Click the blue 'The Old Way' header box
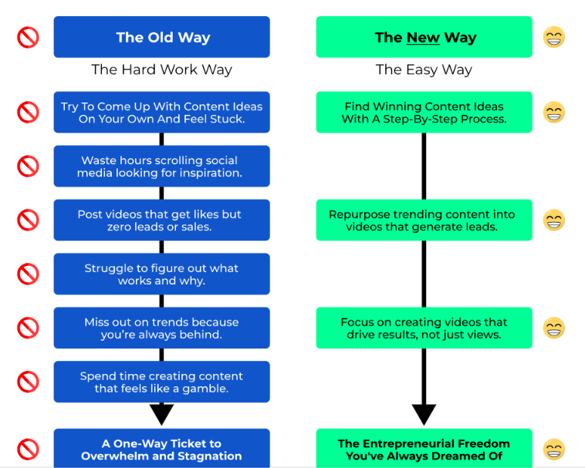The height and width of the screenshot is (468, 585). point(161,37)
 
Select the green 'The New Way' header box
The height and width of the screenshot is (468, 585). point(424,37)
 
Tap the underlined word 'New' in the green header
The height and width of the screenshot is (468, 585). point(422,37)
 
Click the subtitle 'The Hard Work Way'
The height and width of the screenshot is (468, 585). point(161,69)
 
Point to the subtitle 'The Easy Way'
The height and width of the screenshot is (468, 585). point(424,69)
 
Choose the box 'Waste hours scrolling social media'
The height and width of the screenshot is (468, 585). point(161,167)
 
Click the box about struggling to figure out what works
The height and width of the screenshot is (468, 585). point(161,274)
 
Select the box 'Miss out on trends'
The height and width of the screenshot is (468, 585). point(161,328)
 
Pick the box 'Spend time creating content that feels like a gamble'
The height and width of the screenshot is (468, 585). point(161,382)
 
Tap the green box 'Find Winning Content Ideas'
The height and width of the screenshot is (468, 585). point(424,113)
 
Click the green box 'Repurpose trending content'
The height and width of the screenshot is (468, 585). point(424,221)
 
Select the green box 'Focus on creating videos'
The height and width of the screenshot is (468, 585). point(424,328)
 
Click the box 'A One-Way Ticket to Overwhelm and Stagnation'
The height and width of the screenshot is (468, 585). point(161,449)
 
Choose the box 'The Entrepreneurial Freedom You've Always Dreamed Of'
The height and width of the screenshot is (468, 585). point(424,449)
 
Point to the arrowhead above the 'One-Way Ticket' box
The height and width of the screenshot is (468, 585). point(161,414)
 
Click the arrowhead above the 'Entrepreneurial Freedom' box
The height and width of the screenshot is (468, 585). point(424,414)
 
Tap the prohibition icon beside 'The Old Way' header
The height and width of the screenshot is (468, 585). point(28,37)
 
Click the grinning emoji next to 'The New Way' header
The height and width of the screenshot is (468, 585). point(554,37)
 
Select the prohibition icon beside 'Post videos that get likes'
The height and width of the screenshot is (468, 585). point(28,221)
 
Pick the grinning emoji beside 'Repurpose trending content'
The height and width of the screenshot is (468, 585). point(554,221)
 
